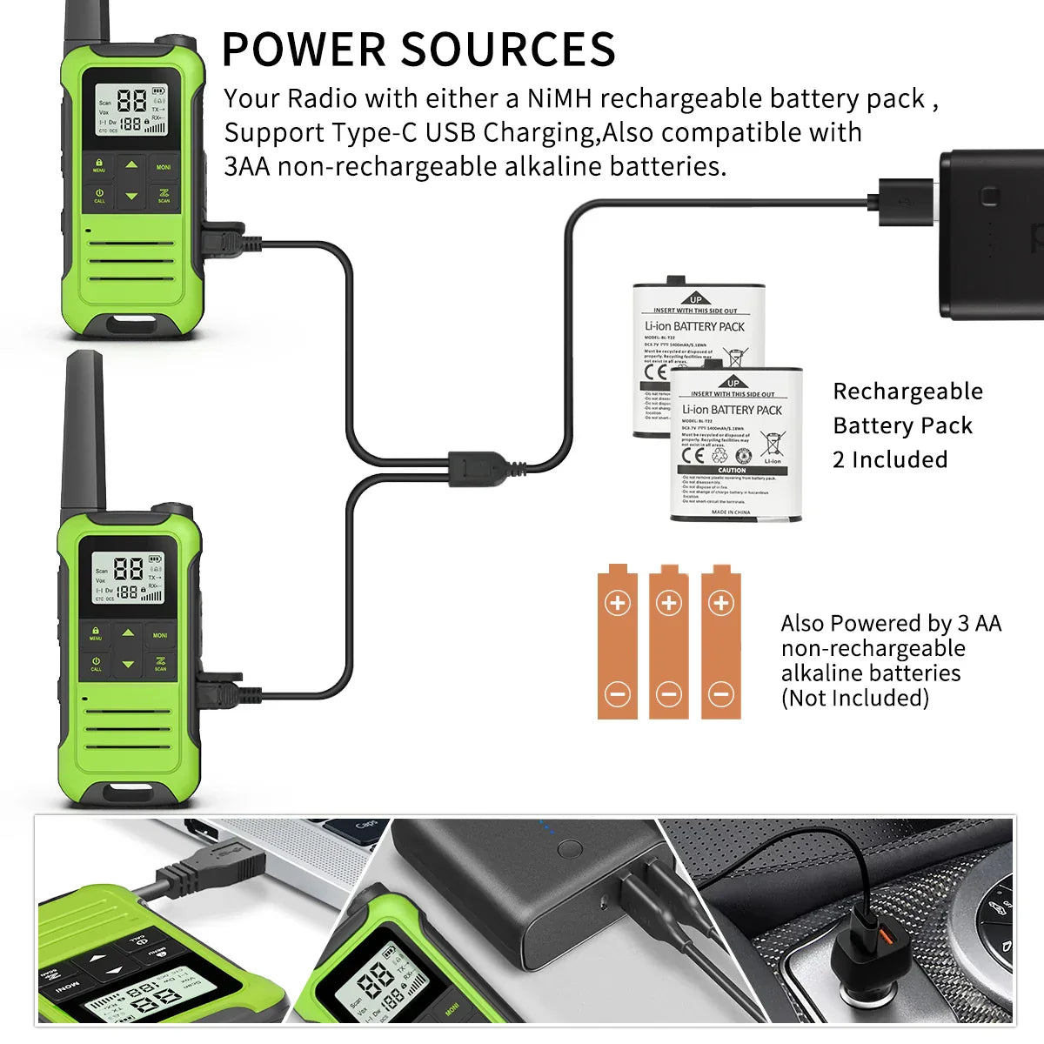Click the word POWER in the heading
[x=303, y=50]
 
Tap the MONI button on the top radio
[x=164, y=165]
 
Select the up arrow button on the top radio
[x=130, y=164]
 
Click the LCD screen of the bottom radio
[x=129, y=578]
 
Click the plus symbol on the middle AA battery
[x=668, y=603]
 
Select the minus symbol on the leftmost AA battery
[x=618, y=693]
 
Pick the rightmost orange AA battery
[x=720, y=644]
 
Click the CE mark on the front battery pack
[x=693, y=454]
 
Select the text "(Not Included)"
[x=854, y=698]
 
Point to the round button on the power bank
[x=570, y=848]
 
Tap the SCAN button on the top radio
[x=164, y=197]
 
